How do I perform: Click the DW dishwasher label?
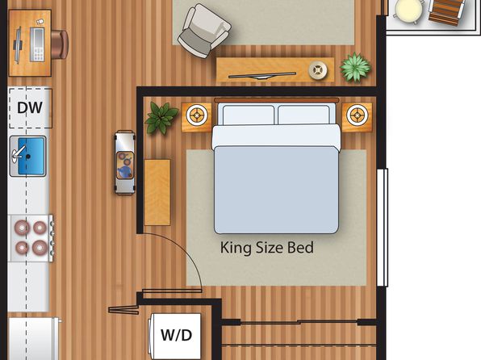30,108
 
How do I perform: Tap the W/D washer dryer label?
177,335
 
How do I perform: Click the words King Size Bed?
267,248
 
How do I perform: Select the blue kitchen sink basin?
31,157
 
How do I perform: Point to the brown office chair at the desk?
60,44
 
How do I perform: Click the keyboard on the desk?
37,44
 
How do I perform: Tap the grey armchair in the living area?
204,31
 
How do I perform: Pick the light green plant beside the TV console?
356,67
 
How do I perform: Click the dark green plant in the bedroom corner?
161,118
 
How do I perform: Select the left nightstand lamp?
197,115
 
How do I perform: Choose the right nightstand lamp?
357,115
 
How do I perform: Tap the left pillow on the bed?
249,115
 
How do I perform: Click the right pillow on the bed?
303,115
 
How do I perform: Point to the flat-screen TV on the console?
262,76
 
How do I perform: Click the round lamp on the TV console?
318,70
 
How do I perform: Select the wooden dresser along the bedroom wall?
157,192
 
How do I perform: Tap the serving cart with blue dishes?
125,163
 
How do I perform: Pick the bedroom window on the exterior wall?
383,228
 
